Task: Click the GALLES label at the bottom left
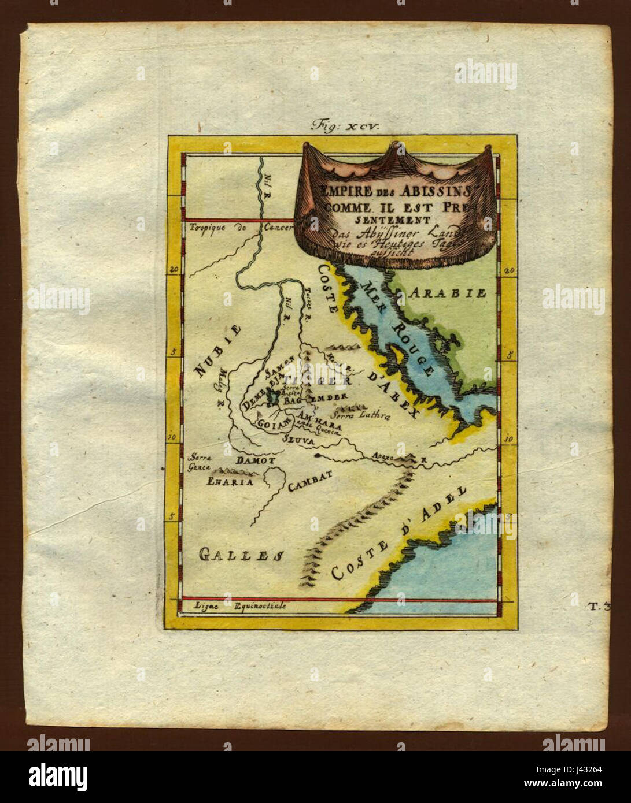click(239, 555)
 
